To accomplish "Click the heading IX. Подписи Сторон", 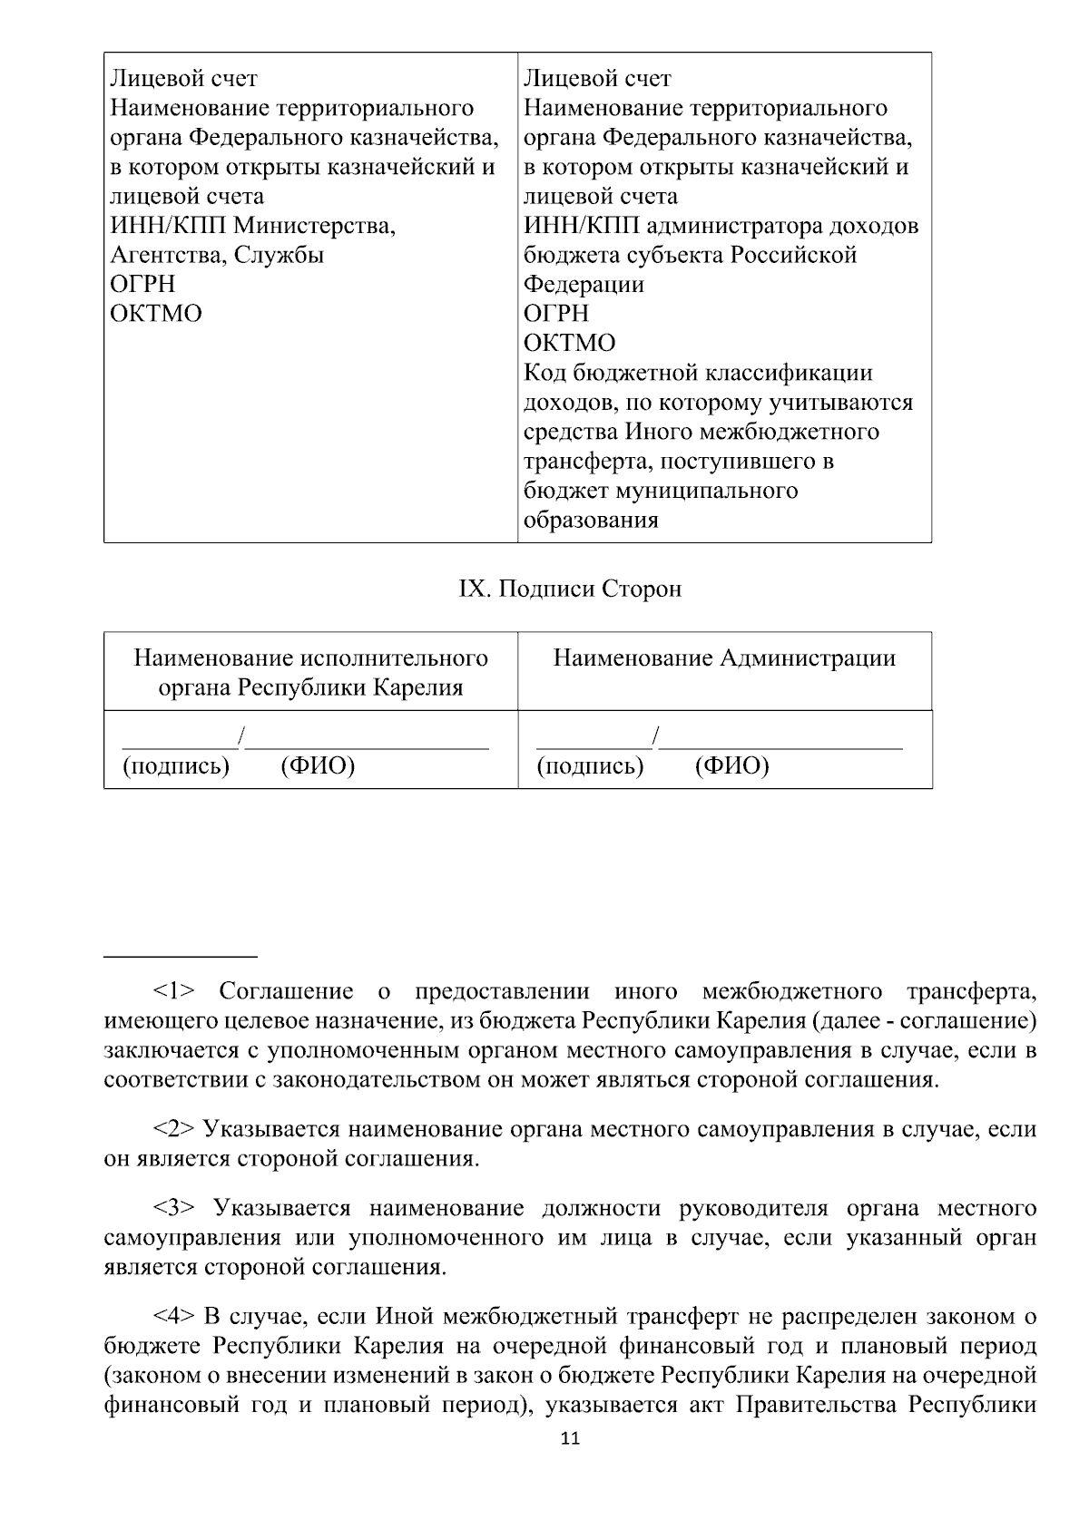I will [x=570, y=589].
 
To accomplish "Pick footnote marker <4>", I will [x=172, y=1316].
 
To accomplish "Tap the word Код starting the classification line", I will [x=546, y=373].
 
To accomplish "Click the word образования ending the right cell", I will [x=591, y=521].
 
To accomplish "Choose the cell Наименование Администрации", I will [x=724, y=658].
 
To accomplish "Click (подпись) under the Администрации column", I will [x=590, y=767].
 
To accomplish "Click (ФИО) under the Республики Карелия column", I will [x=318, y=767].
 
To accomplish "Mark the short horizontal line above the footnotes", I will [x=181, y=957].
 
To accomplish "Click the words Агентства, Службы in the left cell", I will [x=217, y=255].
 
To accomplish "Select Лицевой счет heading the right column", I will [x=597, y=79].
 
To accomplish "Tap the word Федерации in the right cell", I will [x=584, y=285].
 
